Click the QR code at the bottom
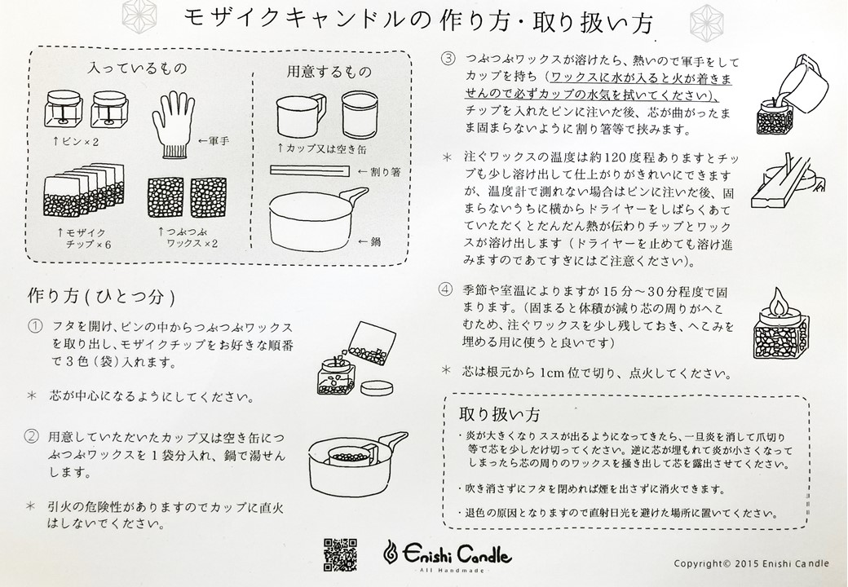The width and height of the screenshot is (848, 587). [x=341, y=555]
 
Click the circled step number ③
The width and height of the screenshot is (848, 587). [x=447, y=59]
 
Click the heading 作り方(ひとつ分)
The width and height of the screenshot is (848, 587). [x=100, y=293]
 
